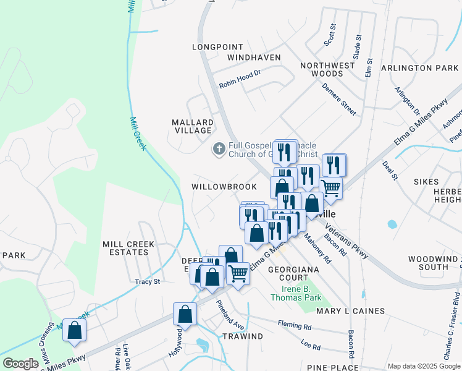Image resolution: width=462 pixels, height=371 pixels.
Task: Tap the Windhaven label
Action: pyautogui.click(x=253, y=58)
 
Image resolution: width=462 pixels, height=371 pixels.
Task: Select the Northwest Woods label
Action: pyautogui.click(x=327, y=69)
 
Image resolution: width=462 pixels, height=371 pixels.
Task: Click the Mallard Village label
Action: pyautogui.click(x=193, y=127)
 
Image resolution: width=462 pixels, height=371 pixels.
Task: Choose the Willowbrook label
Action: pyautogui.click(x=224, y=186)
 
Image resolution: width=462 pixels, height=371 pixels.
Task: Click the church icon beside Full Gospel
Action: pyautogui.click(x=219, y=148)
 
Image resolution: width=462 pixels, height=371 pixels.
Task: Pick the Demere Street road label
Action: pyautogui.click(x=338, y=99)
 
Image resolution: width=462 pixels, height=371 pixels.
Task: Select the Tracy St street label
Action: pyautogui.click(x=148, y=282)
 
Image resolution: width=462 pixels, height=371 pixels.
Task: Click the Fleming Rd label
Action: pyautogui.click(x=294, y=325)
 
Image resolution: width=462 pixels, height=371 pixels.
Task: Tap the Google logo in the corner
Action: pyautogui.click(x=20, y=364)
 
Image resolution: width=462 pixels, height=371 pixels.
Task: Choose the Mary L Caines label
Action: pyautogui.click(x=350, y=311)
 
